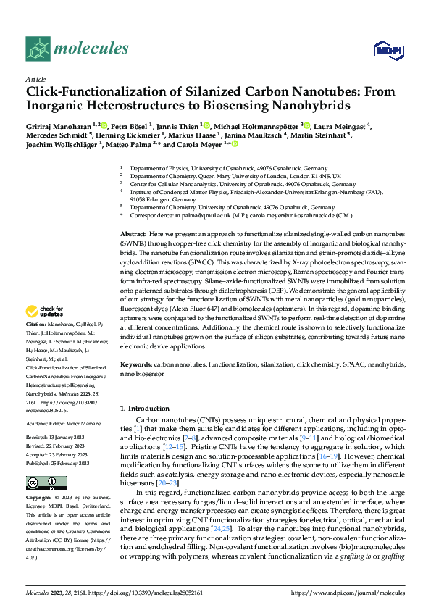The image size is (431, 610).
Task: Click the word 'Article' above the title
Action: pos(35,79)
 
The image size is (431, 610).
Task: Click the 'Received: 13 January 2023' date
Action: pos(59,438)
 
